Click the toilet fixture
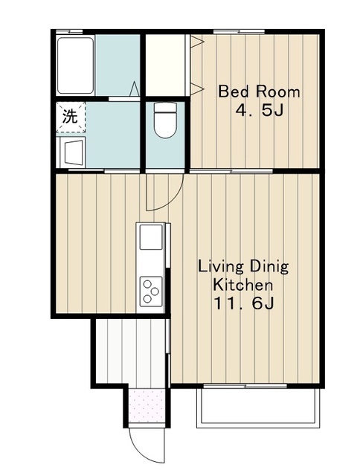tap(165, 120)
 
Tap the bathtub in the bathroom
tap(75, 65)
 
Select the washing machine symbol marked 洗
tap(71, 117)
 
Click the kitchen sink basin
tap(151, 237)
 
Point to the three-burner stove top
tap(151, 291)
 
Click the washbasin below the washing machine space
tap(73, 152)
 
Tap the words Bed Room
tap(259, 91)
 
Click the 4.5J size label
tap(260, 111)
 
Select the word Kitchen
tap(242, 285)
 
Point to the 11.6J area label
tap(245, 303)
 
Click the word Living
tap(221, 267)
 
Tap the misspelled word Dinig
tap(269, 267)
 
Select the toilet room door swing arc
tap(170, 203)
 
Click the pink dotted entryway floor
tap(147, 405)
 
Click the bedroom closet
tap(166, 65)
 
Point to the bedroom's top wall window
tap(239, 31)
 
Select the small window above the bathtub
tap(69, 31)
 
